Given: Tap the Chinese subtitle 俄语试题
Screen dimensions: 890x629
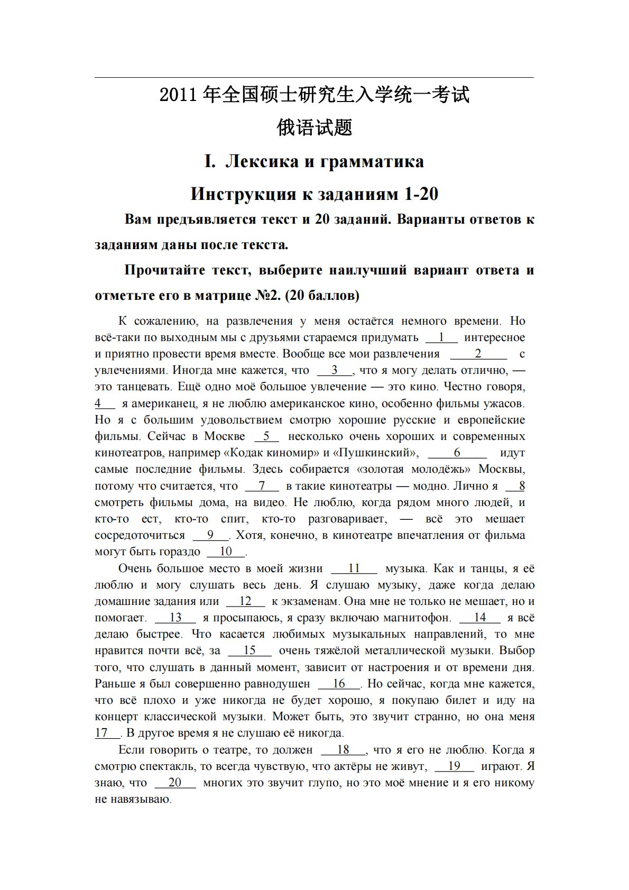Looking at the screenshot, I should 314,127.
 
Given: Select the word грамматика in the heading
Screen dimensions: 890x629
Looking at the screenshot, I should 372,161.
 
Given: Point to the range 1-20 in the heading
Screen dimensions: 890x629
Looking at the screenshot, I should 421,194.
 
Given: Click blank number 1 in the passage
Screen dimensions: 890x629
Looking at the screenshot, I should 441,337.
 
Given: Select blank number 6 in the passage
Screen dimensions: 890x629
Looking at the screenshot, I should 457,453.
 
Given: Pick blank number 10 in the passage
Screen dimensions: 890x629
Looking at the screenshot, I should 226,552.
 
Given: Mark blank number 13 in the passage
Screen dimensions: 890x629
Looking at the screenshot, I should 175,618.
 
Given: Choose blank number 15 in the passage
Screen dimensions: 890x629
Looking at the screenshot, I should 249,650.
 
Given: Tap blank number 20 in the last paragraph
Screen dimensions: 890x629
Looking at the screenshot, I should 175,783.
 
